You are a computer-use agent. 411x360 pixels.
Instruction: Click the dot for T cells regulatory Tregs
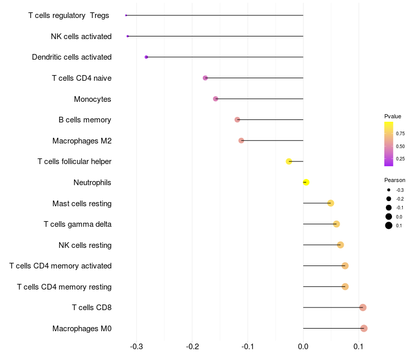coord(126,15)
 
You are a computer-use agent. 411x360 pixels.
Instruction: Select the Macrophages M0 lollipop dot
coord(364,328)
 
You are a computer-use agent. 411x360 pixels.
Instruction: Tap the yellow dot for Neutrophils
coord(306,182)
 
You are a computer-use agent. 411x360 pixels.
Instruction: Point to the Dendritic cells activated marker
coord(146,57)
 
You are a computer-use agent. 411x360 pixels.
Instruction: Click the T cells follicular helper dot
coord(289,161)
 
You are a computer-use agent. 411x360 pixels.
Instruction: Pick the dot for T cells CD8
coord(363,308)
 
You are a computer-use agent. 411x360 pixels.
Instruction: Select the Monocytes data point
coord(215,99)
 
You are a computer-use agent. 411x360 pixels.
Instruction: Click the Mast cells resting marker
coord(331,203)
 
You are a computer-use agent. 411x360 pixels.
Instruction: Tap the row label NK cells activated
coord(81,37)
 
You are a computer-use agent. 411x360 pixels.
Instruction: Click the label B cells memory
coord(85,120)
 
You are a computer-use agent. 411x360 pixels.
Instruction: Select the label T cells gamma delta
coord(78,224)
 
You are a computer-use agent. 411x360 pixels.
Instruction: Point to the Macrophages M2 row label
coord(82,141)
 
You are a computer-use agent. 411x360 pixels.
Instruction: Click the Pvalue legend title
coord(393,116)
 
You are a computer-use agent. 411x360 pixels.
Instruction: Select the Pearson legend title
coord(395,180)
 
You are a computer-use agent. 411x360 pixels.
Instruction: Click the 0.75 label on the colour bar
coord(400,134)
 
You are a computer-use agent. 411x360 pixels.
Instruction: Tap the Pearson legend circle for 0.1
coord(389,225)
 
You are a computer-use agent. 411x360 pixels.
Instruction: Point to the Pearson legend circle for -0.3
coord(389,190)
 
